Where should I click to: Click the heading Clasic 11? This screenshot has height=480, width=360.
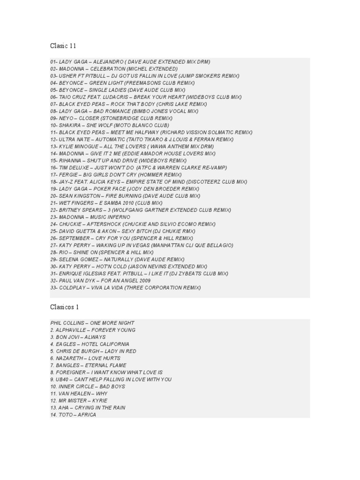coord(63,46)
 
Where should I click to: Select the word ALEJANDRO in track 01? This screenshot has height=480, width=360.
coord(108,62)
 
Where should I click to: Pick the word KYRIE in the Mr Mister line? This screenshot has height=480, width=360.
coord(99,401)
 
